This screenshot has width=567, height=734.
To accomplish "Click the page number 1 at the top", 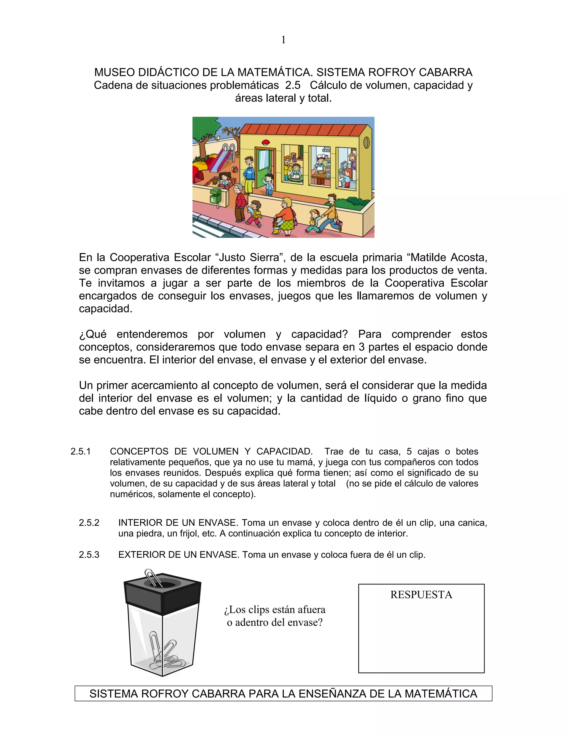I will pos(283,40).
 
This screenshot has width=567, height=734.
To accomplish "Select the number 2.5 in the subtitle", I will pos(293,85).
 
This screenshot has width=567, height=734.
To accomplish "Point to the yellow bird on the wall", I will pos(218,137).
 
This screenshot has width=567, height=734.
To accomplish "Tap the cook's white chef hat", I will pos(321,156).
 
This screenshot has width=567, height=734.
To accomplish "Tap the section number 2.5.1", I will pos(81,451).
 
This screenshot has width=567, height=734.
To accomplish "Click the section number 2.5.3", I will pos(89,555).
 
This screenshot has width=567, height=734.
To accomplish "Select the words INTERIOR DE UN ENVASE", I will pos(178,523).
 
